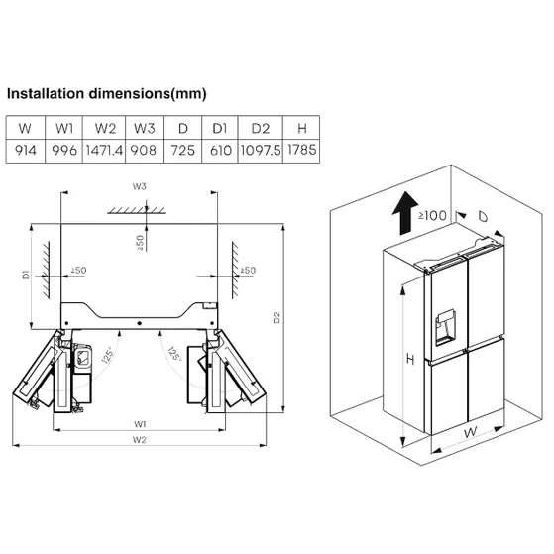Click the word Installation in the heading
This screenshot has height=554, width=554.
point(46,94)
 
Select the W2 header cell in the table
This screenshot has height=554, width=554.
point(105,128)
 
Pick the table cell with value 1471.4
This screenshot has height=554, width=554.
point(104,151)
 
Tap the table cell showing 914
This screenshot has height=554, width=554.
point(26,151)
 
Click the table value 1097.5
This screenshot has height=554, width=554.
point(261,151)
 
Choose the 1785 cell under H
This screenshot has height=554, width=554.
point(301,151)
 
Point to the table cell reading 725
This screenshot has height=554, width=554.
point(182,151)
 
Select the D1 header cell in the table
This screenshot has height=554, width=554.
point(220,128)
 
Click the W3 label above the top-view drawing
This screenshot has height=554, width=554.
point(139,186)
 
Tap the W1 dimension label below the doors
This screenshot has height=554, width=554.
point(140,424)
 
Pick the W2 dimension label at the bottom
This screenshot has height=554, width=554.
point(139,440)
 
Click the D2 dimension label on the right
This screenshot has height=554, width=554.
point(277,317)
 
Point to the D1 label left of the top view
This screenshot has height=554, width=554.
point(26,275)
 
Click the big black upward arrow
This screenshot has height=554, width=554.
point(405,213)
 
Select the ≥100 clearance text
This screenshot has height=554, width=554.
point(432,215)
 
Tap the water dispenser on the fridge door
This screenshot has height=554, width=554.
point(445,327)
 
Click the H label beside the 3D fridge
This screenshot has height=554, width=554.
point(410,360)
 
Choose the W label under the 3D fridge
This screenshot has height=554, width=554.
point(470,432)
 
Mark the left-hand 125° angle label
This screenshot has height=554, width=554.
point(108,355)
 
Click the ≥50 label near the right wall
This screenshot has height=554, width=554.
point(248,271)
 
